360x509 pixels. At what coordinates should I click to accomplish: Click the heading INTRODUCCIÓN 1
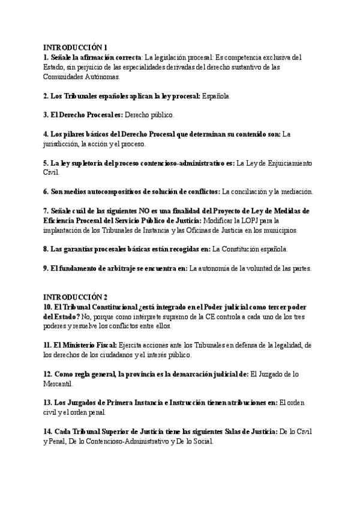75,47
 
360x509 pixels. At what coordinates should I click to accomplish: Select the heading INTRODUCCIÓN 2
75,297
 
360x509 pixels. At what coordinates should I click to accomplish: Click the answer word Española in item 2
215,96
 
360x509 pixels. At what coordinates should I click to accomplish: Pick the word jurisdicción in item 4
63,144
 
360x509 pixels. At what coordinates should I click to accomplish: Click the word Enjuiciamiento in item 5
286,163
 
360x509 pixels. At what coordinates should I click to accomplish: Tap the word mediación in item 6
294,192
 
